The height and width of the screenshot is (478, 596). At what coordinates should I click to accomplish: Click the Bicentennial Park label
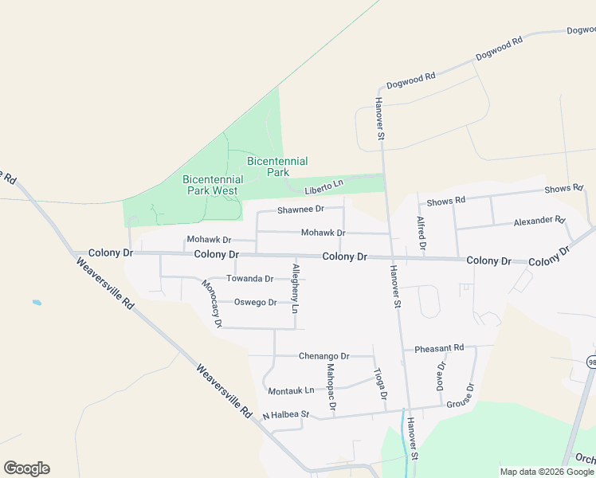click(x=277, y=167)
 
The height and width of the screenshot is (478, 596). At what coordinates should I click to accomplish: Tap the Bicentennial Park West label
click(x=213, y=185)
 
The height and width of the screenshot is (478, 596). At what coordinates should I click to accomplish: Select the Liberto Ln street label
click(x=323, y=185)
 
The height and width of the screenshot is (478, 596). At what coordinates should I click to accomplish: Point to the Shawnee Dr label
click(x=300, y=210)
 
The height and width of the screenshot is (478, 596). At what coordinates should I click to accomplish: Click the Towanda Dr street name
click(x=249, y=279)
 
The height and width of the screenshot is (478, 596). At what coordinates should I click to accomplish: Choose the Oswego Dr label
click(x=255, y=303)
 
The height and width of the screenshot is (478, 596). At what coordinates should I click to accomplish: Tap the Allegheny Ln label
click(x=295, y=288)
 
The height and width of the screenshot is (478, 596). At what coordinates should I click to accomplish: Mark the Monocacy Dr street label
click(x=211, y=304)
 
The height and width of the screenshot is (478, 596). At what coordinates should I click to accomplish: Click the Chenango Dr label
click(x=323, y=356)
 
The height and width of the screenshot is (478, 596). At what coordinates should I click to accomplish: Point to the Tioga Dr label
click(x=381, y=384)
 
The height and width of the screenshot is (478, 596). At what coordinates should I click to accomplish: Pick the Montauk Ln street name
click(x=291, y=391)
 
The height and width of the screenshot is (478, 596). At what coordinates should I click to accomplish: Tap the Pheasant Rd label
click(x=439, y=348)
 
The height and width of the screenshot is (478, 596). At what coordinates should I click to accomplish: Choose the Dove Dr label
click(x=441, y=375)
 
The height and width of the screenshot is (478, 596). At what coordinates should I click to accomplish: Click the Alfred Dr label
click(x=421, y=231)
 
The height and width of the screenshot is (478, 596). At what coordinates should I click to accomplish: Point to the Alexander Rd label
click(x=539, y=221)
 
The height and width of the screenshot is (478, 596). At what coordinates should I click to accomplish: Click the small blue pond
click(x=36, y=303)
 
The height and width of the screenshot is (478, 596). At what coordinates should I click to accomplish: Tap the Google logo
click(x=26, y=468)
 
